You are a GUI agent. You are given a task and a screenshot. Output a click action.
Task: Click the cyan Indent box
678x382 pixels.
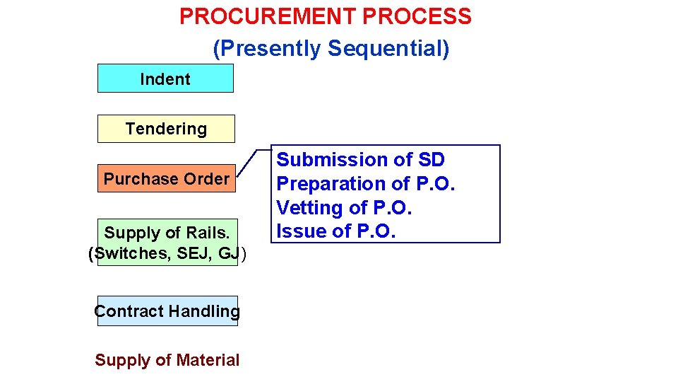point(165,79)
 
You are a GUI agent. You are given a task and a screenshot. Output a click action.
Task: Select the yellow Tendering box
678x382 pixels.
point(166,129)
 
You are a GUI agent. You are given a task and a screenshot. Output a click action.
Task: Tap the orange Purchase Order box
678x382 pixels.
point(167,178)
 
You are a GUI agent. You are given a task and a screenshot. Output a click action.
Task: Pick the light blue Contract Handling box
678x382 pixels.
point(167,311)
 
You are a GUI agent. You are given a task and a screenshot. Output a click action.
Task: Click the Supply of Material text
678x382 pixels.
point(167,360)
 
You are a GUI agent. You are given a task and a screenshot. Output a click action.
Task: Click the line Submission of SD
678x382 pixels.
point(360,160)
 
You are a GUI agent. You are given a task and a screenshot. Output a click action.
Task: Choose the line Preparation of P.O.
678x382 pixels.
point(366,184)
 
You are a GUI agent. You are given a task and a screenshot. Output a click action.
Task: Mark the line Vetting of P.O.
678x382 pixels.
point(344,208)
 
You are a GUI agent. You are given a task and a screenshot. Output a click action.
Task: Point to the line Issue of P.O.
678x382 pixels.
point(335,231)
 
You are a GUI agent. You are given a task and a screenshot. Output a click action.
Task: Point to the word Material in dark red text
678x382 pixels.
point(208,360)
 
